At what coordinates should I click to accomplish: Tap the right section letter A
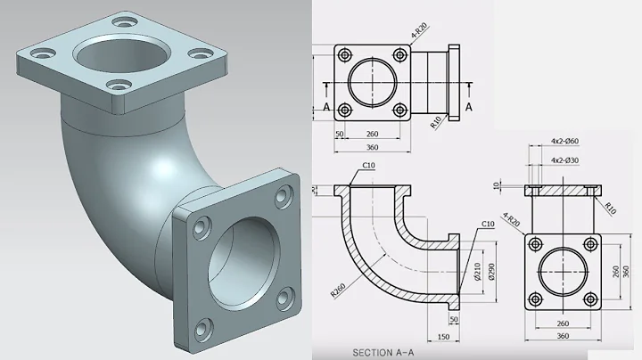pyautogui.click(x=469, y=106)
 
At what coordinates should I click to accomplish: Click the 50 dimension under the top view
pyautogui.click(x=339, y=134)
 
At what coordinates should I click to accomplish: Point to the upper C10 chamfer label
pyautogui.click(x=368, y=166)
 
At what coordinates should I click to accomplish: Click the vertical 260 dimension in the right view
pyautogui.click(x=616, y=269)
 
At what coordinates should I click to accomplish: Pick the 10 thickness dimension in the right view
pyautogui.click(x=495, y=185)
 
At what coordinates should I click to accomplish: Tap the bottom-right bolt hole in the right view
pyautogui.click(x=590, y=299)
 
